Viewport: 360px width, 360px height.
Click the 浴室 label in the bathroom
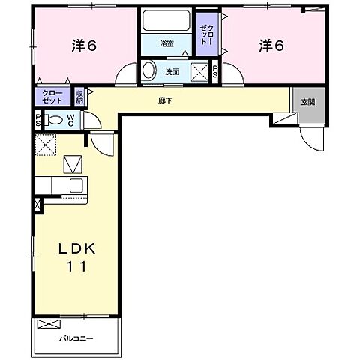coord(166,44)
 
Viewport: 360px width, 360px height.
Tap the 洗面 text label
coord(171,72)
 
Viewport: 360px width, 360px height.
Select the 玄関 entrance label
coord(308,102)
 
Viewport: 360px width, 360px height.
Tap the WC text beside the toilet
coord(70,120)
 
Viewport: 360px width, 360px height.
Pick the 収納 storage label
coord(80,96)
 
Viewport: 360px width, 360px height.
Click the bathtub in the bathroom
coord(166,22)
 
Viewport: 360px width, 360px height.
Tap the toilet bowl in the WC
coord(55,120)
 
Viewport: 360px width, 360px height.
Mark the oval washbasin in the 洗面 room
coord(150,72)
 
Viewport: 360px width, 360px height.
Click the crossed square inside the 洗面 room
coord(199,72)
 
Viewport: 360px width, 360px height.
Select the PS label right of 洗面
coord(216,73)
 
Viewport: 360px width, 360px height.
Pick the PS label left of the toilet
coord(38,120)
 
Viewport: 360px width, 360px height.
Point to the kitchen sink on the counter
coord(76,185)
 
